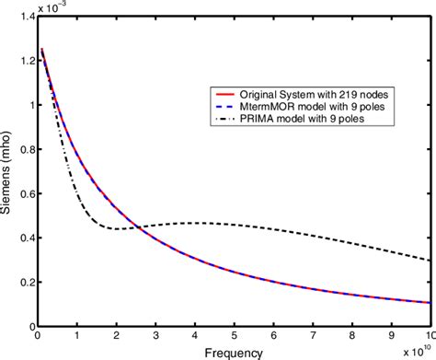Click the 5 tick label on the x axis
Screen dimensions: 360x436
[x=235, y=337]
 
